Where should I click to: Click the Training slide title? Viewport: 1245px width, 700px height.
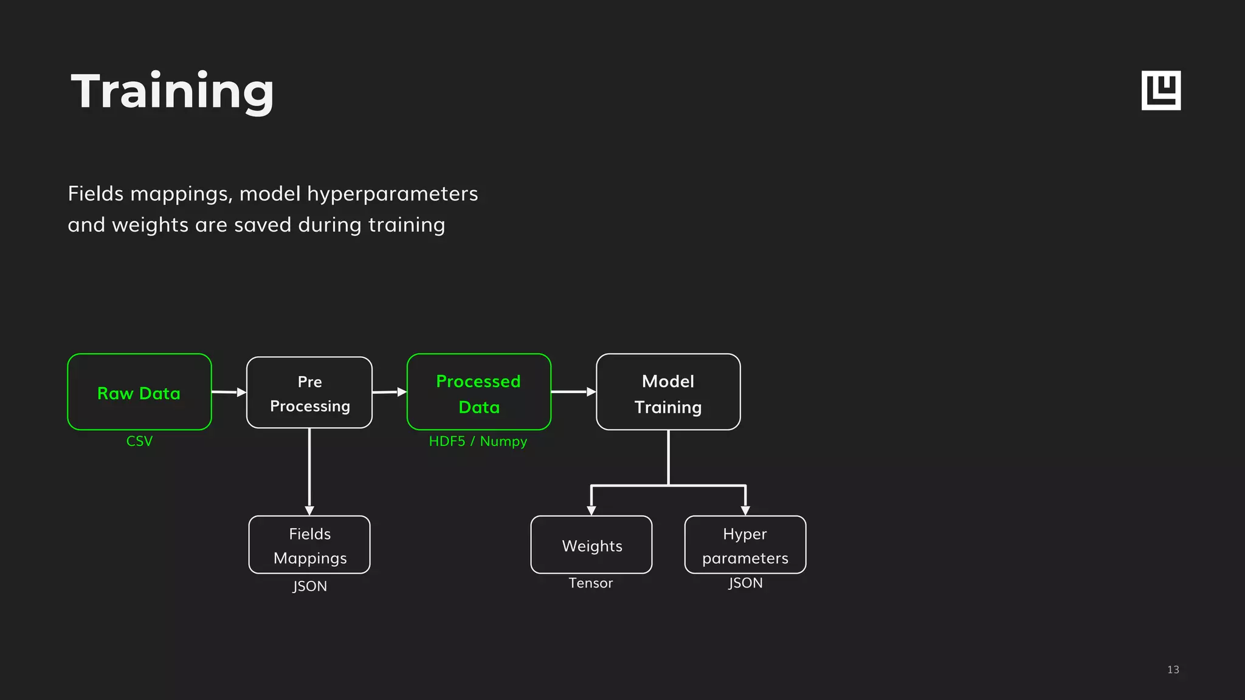[x=173, y=91]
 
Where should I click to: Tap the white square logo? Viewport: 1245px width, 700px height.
[x=1161, y=91]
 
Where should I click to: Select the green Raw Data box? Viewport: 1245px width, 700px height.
[x=139, y=392]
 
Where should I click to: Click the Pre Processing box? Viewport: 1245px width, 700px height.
[x=309, y=393]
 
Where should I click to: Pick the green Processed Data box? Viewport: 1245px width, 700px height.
[x=479, y=392]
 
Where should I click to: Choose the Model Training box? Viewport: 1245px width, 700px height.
[x=668, y=392]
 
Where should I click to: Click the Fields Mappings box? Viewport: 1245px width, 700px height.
[x=309, y=545]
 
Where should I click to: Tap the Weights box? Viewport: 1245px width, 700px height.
[x=591, y=545]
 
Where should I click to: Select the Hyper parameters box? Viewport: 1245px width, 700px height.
[x=745, y=545]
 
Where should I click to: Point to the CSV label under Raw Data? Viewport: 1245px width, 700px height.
[x=139, y=441]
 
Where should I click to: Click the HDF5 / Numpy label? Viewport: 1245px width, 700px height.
[x=478, y=441]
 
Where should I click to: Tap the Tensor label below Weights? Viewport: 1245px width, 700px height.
[x=591, y=583]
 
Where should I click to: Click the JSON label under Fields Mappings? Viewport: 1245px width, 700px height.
[x=309, y=586]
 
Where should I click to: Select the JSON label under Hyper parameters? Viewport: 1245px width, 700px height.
[x=745, y=583]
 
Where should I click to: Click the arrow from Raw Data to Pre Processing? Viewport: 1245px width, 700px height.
[x=229, y=392]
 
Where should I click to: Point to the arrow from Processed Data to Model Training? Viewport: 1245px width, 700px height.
[x=573, y=392]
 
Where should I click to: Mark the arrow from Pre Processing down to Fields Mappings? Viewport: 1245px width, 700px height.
[x=309, y=471]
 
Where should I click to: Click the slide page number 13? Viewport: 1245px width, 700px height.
[x=1173, y=670]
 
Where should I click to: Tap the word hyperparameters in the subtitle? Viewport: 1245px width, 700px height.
[x=392, y=194]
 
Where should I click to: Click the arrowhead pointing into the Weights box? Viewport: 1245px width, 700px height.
[x=591, y=510]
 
